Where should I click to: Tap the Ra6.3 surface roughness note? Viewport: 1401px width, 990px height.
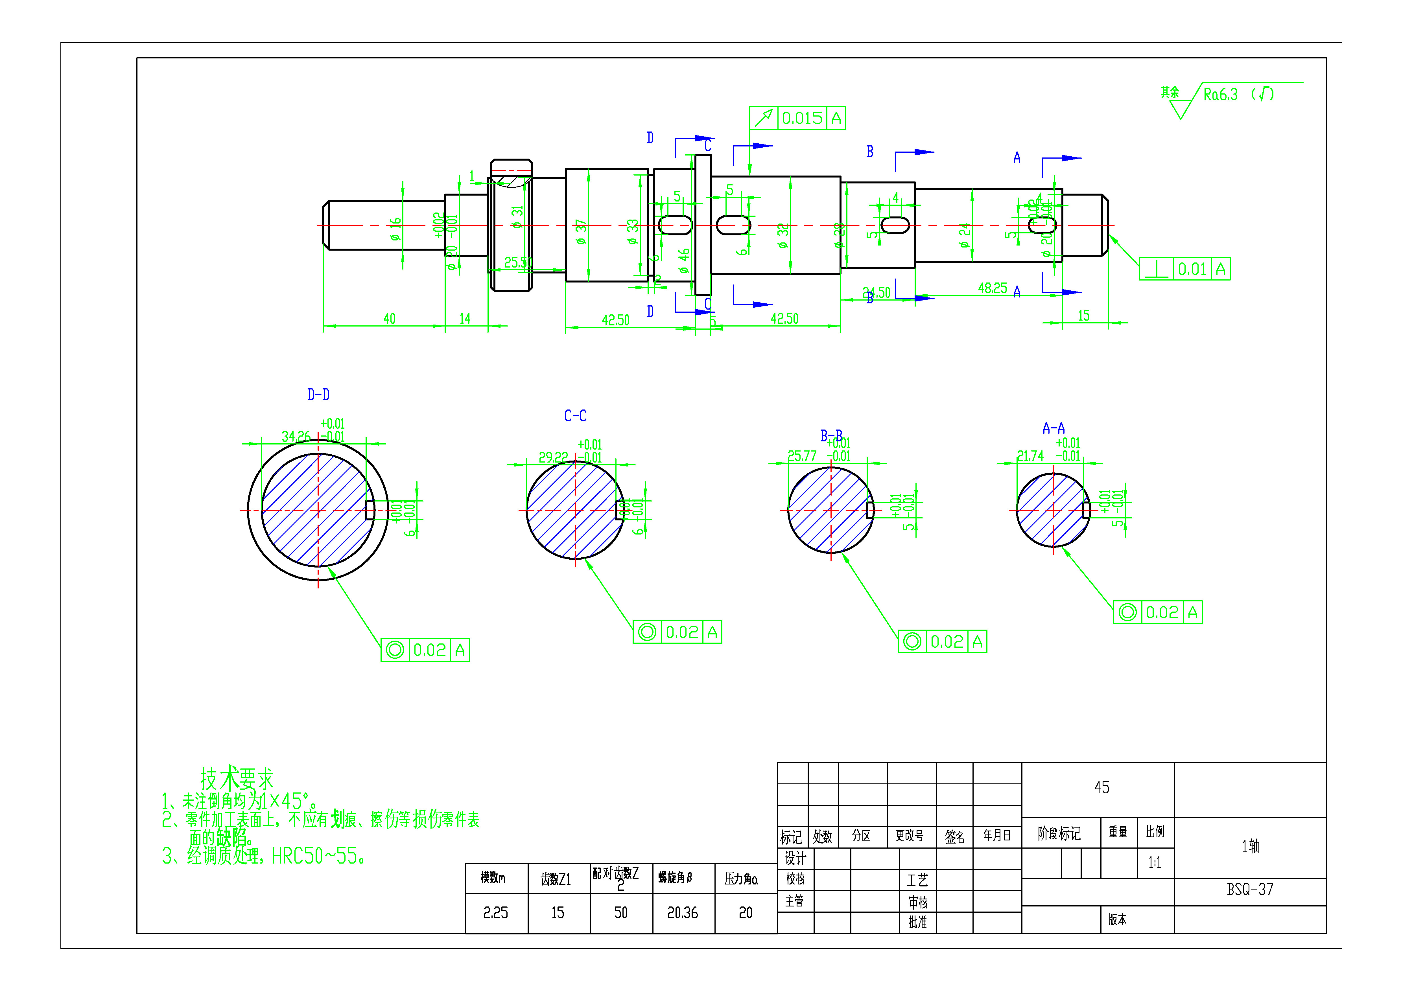coord(1220,95)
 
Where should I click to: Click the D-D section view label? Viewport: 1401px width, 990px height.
coord(318,395)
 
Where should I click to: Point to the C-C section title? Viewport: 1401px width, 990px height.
coord(575,416)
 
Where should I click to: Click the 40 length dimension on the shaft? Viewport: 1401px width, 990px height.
coord(389,318)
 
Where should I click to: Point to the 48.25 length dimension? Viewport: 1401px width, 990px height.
coord(992,288)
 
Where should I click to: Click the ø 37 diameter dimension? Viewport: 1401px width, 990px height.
coord(581,232)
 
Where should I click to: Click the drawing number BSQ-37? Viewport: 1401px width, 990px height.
coord(1250,889)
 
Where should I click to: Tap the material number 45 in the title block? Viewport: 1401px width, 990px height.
coord(1101,787)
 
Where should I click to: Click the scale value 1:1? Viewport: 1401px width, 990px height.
coord(1155,862)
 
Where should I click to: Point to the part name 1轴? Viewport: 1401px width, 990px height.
coord(1250,846)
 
